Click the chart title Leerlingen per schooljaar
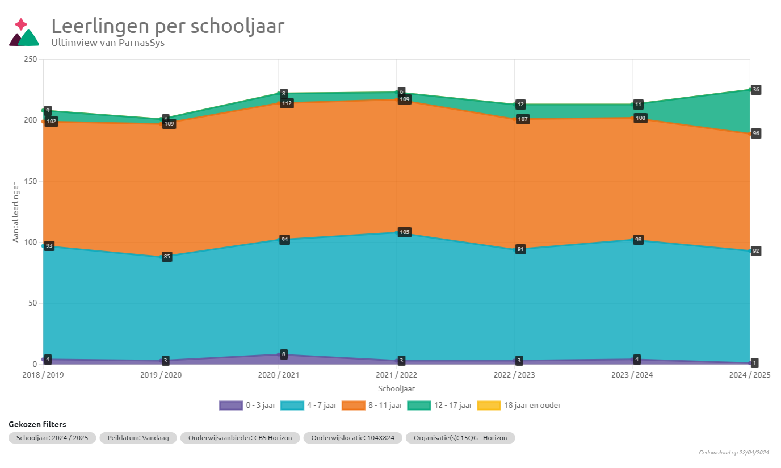[x=167, y=26]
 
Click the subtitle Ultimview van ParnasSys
[x=108, y=43]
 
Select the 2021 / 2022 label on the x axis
[x=396, y=375]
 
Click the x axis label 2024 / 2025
[x=749, y=375]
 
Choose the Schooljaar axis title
[x=396, y=388]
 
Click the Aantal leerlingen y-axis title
[x=16, y=212]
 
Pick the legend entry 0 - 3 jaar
[x=247, y=405]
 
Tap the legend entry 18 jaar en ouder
[x=519, y=405]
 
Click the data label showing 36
[x=755, y=90]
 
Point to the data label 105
[x=404, y=232]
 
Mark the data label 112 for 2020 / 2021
[x=287, y=103]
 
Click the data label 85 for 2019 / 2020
[x=167, y=257]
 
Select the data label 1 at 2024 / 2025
[x=754, y=362]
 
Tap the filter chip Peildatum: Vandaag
[x=138, y=438]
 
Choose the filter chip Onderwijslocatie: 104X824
[x=352, y=438]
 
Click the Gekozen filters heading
[x=37, y=424]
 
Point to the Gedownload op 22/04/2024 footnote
[x=734, y=452]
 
